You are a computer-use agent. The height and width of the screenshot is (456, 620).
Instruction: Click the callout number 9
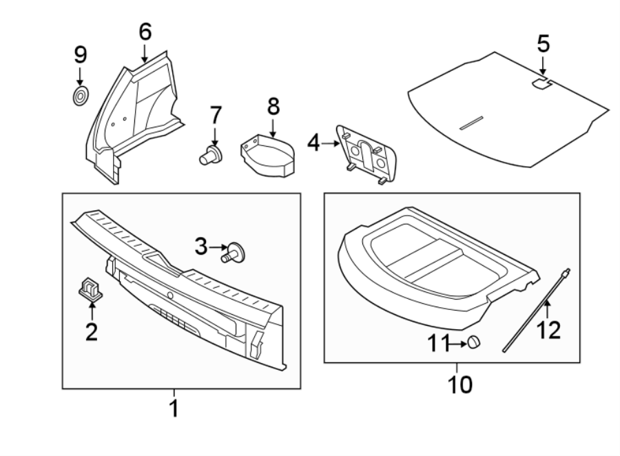81,54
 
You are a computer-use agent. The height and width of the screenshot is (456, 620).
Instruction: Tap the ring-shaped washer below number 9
81,96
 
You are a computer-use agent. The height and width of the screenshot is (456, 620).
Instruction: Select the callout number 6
145,32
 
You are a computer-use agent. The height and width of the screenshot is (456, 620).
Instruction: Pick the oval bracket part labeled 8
268,156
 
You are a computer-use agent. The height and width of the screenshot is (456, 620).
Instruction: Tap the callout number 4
314,144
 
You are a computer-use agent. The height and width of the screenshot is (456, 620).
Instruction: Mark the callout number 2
91,332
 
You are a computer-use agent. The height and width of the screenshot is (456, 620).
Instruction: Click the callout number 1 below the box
174,408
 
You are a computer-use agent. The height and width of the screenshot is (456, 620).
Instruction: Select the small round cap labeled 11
473,342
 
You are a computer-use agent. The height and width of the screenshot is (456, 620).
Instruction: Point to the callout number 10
460,383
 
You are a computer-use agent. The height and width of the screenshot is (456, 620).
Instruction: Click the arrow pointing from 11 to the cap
455,342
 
